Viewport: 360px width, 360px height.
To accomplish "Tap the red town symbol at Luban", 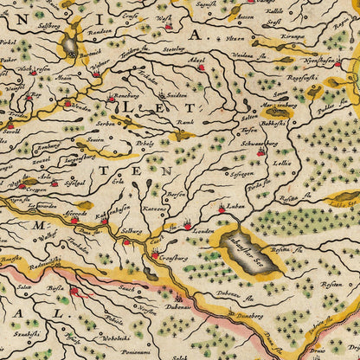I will point(222,208).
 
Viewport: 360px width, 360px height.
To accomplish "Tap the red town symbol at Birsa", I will point(74,292).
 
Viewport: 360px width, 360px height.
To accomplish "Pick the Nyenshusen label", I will point(322,61).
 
